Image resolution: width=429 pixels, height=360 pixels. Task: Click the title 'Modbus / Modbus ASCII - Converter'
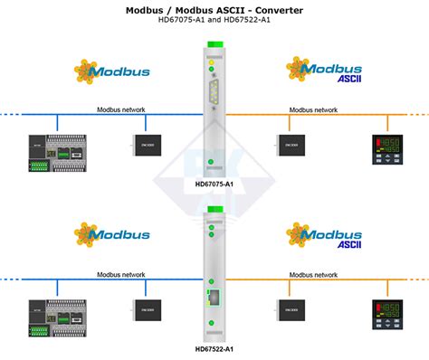tap(214, 9)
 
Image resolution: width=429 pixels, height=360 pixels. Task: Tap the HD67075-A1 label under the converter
tap(214, 184)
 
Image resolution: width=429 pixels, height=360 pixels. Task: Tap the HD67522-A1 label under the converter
tap(214, 349)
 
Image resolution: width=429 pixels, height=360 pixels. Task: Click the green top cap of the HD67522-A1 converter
tap(214, 211)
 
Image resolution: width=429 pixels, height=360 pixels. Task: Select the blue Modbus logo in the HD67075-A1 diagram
tap(112, 71)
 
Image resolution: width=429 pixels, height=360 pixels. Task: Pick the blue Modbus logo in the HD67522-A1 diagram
tap(112, 235)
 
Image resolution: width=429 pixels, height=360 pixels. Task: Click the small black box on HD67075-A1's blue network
tap(145, 144)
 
